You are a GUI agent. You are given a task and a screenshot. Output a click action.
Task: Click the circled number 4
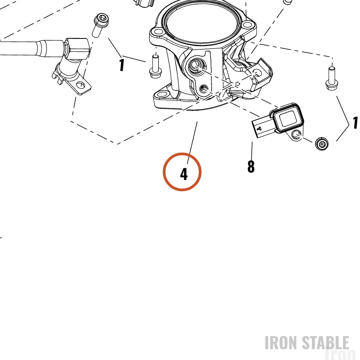[x=184, y=174]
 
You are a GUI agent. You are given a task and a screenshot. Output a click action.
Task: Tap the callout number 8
[x=251, y=166]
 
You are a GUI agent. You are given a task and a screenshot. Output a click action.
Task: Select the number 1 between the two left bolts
[x=122, y=65]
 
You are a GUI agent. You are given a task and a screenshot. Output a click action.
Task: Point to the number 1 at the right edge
[x=355, y=123]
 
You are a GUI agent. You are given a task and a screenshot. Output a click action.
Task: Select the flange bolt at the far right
[x=332, y=78]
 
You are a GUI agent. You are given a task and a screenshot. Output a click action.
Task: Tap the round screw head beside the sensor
[x=322, y=144]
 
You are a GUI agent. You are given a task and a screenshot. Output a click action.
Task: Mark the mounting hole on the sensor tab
[x=296, y=135]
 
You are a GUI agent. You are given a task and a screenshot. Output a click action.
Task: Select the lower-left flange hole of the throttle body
[x=162, y=94]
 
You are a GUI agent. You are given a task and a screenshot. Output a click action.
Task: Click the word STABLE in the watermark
[x=325, y=343]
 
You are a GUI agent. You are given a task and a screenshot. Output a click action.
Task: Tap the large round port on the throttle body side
[x=195, y=66]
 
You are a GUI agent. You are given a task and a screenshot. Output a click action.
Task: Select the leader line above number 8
[x=252, y=150]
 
